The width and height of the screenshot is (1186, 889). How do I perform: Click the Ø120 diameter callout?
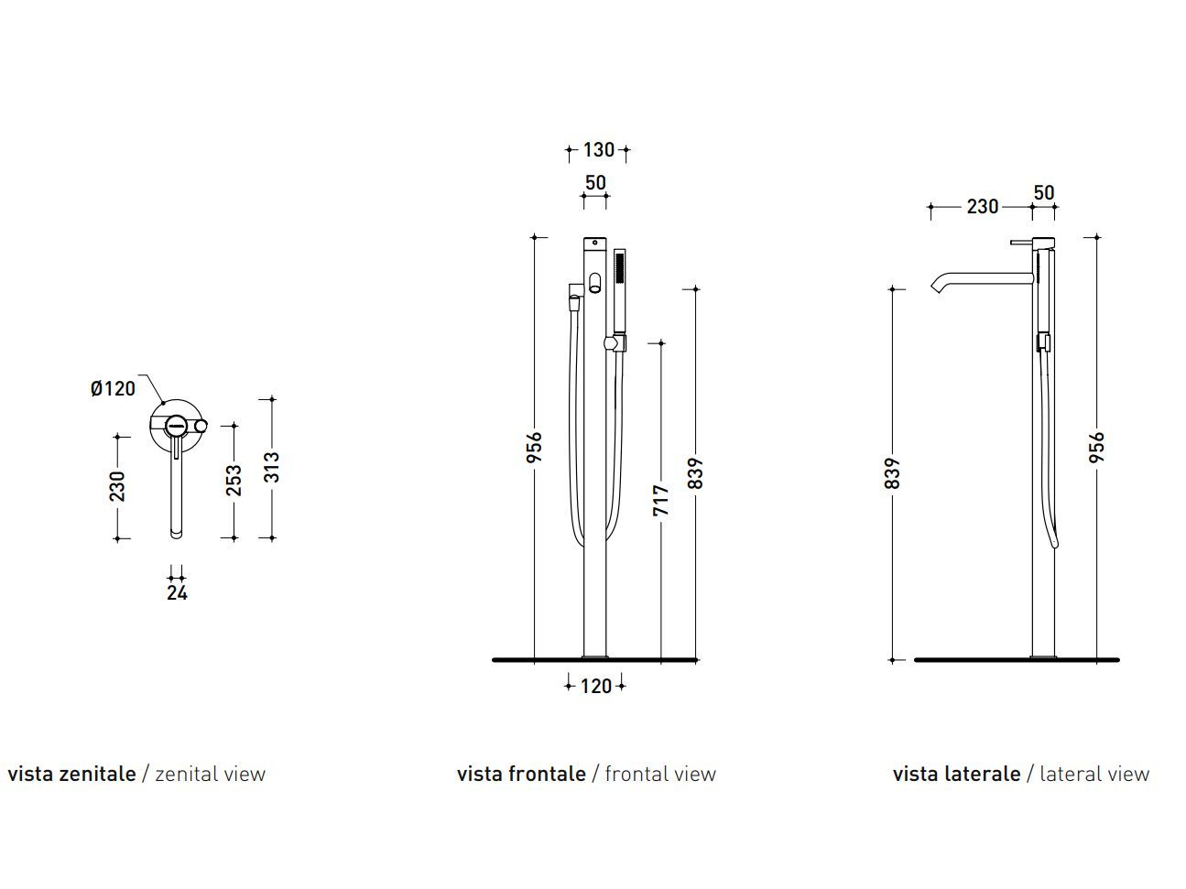(x=113, y=388)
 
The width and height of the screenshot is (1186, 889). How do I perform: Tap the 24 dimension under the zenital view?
(x=178, y=593)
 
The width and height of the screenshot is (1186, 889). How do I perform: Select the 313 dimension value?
(x=272, y=468)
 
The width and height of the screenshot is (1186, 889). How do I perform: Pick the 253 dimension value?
(x=234, y=481)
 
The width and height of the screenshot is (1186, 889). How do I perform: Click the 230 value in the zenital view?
(x=117, y=486)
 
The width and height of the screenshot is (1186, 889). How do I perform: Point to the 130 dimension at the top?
(x=599, y=149)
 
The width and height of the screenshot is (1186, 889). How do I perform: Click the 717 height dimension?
(x=661, y=500)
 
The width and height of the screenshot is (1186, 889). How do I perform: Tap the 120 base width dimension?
(x=596, y=687)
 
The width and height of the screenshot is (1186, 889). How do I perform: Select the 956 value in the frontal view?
(x=534, y=447)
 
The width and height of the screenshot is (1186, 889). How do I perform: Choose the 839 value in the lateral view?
(x=892, y=473)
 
